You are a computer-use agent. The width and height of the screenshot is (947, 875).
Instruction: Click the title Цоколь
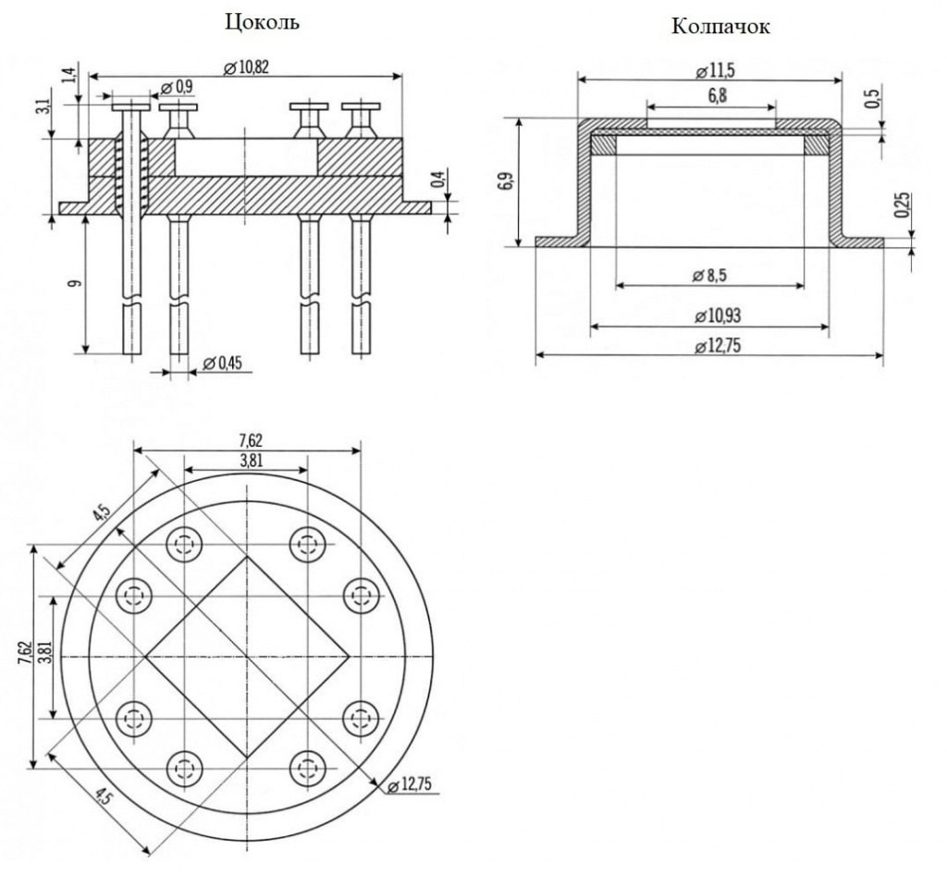click(262, 22)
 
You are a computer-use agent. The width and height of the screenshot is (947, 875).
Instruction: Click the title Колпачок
click(720, 27)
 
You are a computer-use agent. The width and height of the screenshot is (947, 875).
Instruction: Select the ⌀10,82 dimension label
click(246, 67)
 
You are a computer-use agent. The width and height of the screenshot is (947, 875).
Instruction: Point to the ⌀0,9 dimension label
click(178, 87)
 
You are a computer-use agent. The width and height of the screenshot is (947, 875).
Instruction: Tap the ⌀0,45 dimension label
click(222, 363)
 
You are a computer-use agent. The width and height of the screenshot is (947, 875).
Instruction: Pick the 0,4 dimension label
click(439, 180)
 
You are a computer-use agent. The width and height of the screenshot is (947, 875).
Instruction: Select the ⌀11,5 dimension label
click(715, 71)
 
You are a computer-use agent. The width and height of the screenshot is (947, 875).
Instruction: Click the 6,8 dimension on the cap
click(717, 96)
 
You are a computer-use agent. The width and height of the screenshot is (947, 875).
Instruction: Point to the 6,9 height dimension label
click(506, 181)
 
